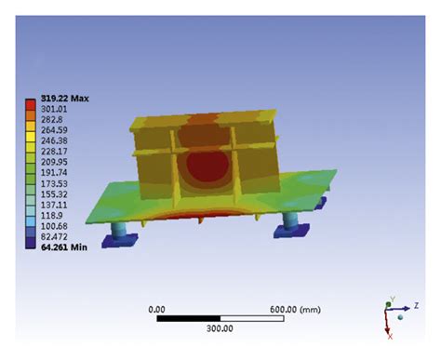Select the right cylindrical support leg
click(x=287, y=223)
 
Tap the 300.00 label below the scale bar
click(x=220, y=328)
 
